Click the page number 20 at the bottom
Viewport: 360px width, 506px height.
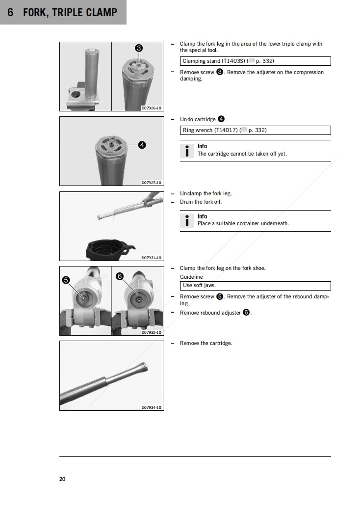pos(62,479)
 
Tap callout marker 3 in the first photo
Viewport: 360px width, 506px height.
pos(139,48)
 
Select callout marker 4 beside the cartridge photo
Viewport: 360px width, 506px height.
pos(141,145)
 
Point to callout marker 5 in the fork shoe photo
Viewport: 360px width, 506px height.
pos(66,280)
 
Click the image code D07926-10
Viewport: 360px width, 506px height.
pos(151,108)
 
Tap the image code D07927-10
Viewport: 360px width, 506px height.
pos(151,183)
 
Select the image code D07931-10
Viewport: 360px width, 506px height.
pos(151,258)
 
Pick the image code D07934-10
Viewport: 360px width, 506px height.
pos(151,407)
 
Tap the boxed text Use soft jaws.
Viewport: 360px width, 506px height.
pos(199,286)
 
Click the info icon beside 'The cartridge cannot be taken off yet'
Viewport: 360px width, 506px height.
pos(187,150)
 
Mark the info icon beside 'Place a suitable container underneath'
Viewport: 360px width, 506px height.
pos(187,220)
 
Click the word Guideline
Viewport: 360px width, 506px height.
pos(191,277)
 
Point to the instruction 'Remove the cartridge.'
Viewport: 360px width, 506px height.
pos(206,343)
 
